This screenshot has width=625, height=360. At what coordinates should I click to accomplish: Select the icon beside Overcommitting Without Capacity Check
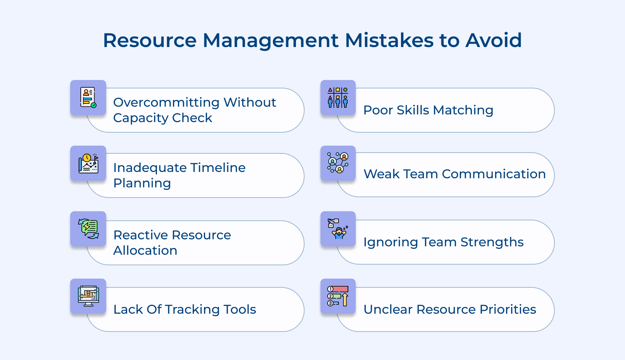[x=88, y=98]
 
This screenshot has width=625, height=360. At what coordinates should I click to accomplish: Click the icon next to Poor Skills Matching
[x=338, y=98]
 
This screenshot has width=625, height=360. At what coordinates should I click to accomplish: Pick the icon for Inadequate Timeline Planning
[x=88, y=163]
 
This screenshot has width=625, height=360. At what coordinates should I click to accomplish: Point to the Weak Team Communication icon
[x=338, y=163]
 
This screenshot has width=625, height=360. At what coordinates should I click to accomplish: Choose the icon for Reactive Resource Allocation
[x=88, y=229]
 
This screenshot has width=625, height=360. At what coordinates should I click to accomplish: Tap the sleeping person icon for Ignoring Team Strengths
[x=338, y=229]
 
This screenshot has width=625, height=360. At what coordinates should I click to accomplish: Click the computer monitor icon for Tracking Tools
[x=88, y=296]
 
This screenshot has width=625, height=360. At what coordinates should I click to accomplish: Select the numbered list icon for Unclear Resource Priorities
[x=338, y=296]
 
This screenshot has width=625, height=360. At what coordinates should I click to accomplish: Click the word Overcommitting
[x=166, y=102]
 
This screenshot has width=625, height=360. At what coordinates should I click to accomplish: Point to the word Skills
[x=413, y=110]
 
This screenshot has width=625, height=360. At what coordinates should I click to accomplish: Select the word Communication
[x=494, y=174]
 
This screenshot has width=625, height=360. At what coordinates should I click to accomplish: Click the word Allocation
[x=145, y=251]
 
